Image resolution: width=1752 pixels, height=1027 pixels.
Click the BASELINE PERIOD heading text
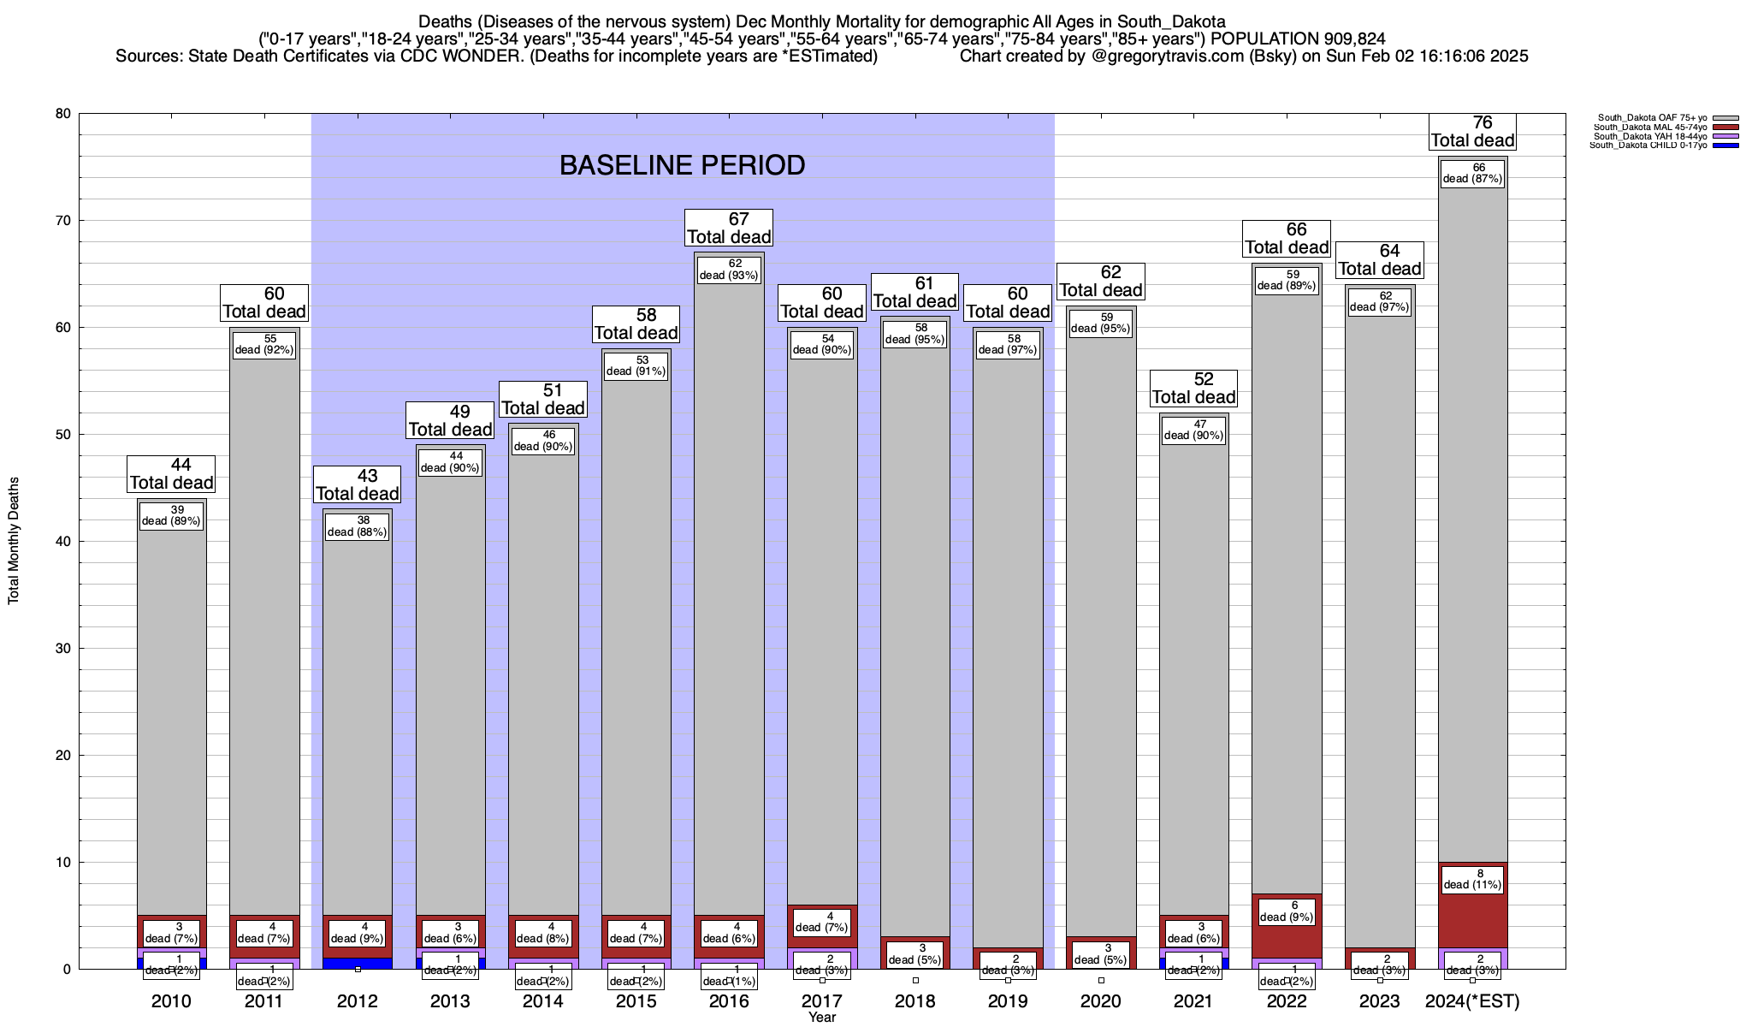682,165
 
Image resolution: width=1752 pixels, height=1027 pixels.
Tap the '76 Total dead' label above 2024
1472,132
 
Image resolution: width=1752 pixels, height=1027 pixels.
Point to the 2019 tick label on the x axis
1008,1001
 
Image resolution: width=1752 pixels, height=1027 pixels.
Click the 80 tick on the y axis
63,114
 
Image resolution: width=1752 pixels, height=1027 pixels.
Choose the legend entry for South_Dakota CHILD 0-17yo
1647,145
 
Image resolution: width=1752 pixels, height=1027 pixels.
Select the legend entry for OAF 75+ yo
1647,118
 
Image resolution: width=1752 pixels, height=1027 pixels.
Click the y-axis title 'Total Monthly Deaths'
14,541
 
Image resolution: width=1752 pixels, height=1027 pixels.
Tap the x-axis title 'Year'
822,1018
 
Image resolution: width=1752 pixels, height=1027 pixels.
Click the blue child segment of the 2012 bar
357,963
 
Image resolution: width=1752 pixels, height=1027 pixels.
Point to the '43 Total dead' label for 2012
358,485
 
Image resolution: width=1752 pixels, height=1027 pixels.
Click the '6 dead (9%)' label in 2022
1287,911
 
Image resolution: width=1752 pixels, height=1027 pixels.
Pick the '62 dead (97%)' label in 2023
1379,301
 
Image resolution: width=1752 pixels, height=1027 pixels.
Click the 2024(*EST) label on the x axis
1472,1001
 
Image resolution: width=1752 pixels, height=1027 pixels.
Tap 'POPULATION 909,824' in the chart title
1298,39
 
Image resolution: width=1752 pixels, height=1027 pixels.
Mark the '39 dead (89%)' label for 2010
171,515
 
